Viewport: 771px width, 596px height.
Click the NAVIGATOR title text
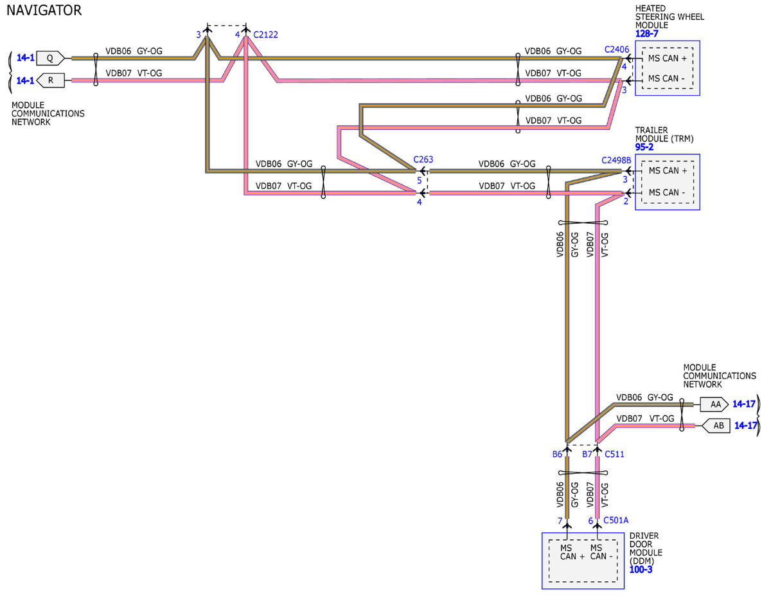(44, 10)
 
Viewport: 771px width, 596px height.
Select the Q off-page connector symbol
(51, 58)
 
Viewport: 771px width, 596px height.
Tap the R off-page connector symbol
(50, 80)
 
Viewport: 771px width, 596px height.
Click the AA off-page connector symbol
(714, 404)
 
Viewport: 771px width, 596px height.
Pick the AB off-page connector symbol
(716, 426)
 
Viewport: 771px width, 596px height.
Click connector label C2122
(265, 35)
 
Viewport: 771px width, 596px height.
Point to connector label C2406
(617, 50)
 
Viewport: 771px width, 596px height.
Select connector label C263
(423, 159)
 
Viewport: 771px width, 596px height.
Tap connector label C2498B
(616, 161)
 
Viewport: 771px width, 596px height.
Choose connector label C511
(614, 455)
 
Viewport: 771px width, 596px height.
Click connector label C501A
(616, 520)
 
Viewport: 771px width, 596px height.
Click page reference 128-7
(646, 33)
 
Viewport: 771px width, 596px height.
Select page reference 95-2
(644, 147)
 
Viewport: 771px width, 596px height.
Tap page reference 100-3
(641, 570)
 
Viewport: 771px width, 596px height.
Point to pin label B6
(557, 455)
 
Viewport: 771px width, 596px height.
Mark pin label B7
(587, 455)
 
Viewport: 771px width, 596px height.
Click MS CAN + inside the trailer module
(668, 171)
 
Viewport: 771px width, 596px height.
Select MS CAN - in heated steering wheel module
(666, 78)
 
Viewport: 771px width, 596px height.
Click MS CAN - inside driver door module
(601, 552)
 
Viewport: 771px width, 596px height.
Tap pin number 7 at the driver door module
(560, 521)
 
